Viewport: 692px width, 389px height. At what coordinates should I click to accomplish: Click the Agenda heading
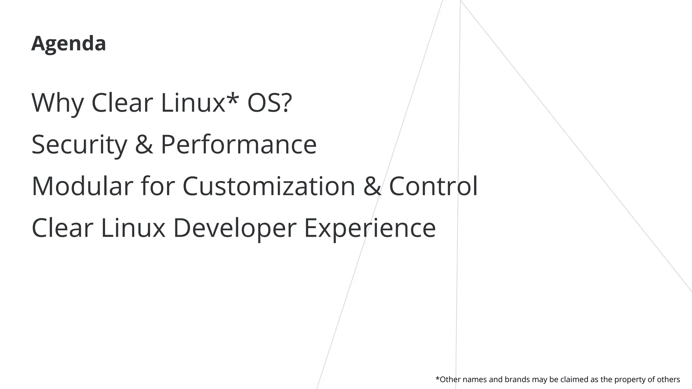click(69, 44)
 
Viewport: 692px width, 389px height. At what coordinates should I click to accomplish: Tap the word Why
click(57, 103)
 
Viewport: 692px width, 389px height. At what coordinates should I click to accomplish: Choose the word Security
click(79, 145)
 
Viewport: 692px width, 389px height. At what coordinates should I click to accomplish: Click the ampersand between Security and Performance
click(144, 145)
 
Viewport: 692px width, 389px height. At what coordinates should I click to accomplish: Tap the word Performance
click(239, 145)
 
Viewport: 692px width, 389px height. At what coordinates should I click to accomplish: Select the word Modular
click(82, 186)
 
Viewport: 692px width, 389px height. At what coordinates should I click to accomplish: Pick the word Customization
click(269, 186)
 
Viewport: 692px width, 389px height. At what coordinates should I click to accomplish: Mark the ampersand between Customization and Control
click(372, 186)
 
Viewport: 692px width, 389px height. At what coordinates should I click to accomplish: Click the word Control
click(434, 186)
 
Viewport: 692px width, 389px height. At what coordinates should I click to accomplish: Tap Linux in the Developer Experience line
click(133, 228)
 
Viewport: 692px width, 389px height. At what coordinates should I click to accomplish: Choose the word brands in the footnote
click(517, 380)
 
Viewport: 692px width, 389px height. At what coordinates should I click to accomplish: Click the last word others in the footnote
click(668, 380)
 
